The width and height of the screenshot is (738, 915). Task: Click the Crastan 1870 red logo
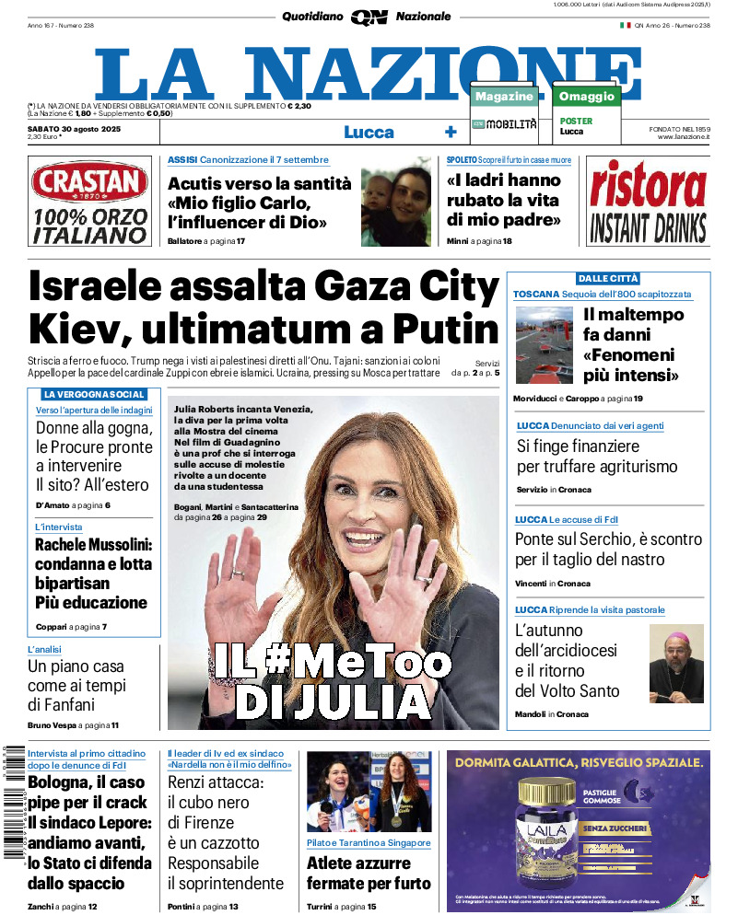pos(89,183)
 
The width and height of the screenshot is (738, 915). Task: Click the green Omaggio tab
pos(586,97)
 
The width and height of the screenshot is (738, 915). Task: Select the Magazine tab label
pos(504,97)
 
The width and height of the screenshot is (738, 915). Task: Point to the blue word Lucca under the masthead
pos(369,132)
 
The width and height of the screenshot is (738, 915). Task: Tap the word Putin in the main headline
pos(446,329)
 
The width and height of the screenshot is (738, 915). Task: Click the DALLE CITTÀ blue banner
pos(607,278)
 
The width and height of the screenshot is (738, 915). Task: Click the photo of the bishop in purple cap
pos(677,663)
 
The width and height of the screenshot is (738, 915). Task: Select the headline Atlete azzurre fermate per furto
pos(369,874)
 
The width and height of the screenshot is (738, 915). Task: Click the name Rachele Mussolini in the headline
pos(93,545)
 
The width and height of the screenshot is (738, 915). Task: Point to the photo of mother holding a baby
pos(395,202)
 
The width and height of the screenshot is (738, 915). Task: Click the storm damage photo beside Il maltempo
pos(544,332)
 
